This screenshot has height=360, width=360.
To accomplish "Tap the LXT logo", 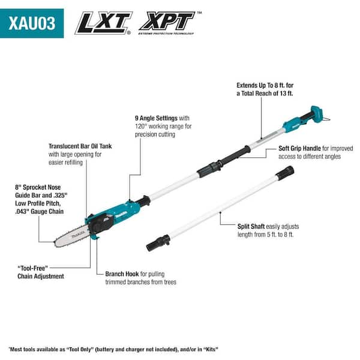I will [103, 22].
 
